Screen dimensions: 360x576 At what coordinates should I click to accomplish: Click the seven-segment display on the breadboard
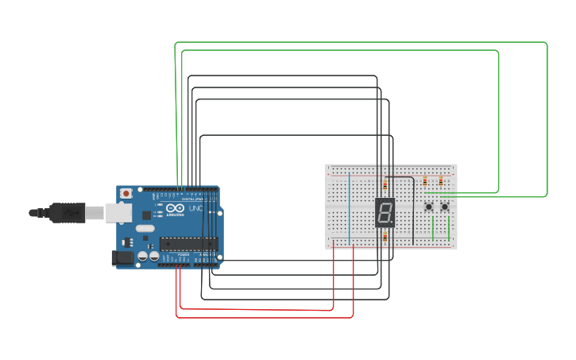coord(385,212)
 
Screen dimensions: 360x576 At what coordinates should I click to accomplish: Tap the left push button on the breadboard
coord(429,207)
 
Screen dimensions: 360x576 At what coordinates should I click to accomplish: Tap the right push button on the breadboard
coord(445,207)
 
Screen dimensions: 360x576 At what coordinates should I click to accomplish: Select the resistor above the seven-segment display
coord(385,184)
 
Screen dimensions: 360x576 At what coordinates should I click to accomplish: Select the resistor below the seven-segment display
coord(385,237)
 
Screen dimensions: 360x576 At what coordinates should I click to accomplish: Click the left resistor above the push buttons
coord(425,181)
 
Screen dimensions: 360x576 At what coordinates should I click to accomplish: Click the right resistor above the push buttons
coord(441,181)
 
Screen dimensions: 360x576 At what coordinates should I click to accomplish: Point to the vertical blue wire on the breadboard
coord(349,207)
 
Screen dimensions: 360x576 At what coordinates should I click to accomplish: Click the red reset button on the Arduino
coord(126,193)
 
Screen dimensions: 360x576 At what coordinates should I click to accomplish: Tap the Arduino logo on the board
coord(175,209)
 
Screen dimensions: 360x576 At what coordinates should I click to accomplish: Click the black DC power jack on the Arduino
coord(122,257)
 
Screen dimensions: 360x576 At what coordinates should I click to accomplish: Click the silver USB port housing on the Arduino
coord(118,212)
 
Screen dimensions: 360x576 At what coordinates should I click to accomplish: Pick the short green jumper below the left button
coord(433,229)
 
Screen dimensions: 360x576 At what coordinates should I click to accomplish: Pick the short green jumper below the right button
coord(449,229)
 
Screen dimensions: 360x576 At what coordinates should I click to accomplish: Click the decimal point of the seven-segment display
coord(392,223)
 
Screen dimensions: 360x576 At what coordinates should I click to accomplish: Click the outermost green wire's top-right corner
coord(546,44)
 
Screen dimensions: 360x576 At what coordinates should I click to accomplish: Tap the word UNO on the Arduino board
coord(195,209)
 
